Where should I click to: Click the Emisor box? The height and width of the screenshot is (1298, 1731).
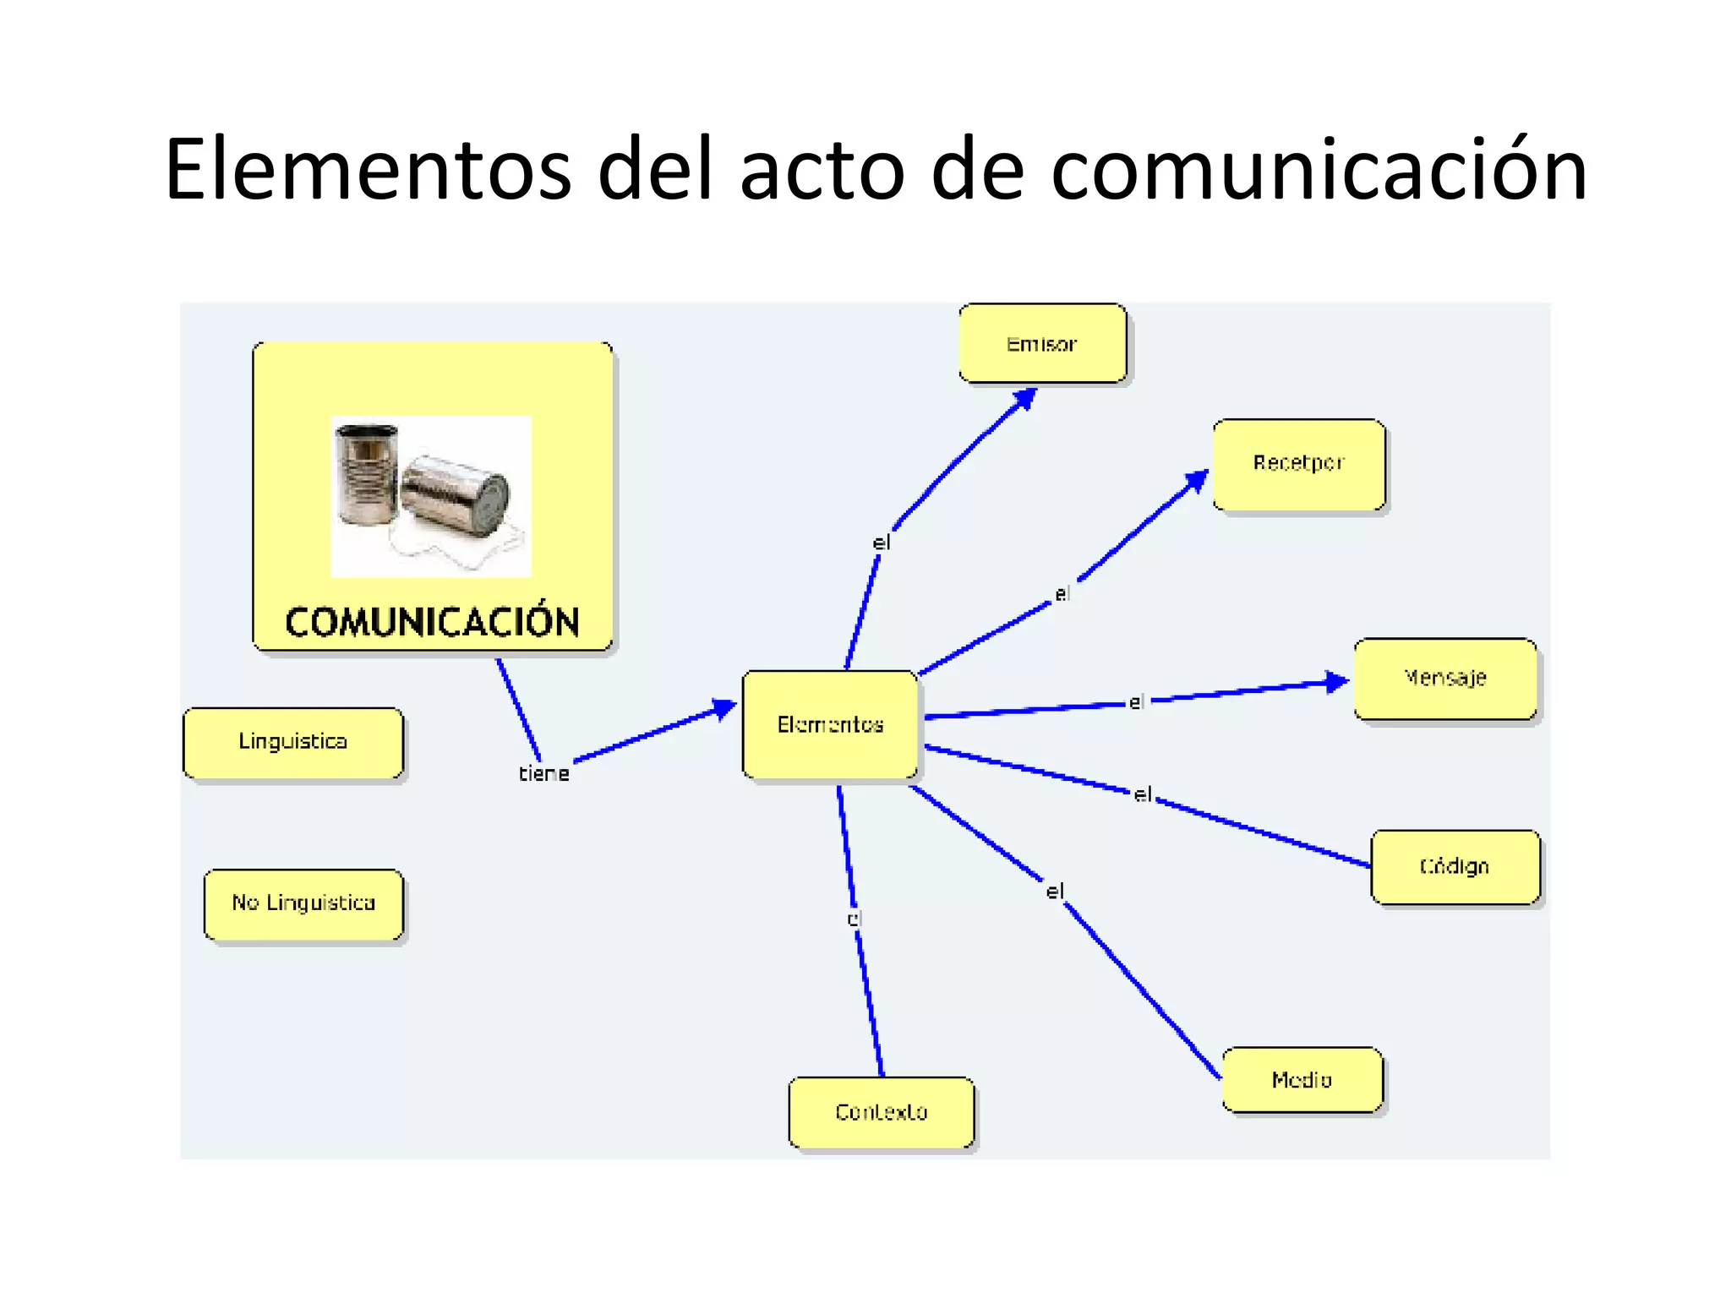tap(1042, 343)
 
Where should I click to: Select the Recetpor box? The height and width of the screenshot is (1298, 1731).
tap(1299, 464)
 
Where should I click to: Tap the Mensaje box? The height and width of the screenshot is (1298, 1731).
tap(1445, 678)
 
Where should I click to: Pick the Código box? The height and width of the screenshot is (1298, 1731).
tap(1455, 866)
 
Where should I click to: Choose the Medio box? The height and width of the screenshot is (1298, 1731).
tap(1302, 1080)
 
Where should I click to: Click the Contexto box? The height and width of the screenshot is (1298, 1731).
tap(882, 1112)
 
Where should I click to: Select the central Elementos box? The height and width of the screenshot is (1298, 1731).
tap(830, 724)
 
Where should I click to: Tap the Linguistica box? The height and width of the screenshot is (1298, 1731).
tap(293, 742)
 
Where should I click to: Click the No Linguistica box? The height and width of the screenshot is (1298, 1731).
tap(303, 903)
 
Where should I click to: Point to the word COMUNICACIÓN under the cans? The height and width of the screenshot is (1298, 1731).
tap(432, 623)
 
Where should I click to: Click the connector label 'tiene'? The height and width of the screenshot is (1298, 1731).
tap(543, 773)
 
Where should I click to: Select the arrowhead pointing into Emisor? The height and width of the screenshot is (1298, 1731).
tap(1025, 398)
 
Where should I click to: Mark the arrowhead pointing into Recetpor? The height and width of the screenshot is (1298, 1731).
tap(1197, 481)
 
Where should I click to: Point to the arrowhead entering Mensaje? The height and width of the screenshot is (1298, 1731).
tap(1336, 681)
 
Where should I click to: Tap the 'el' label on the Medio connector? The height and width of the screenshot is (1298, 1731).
tap(1055, 892)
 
